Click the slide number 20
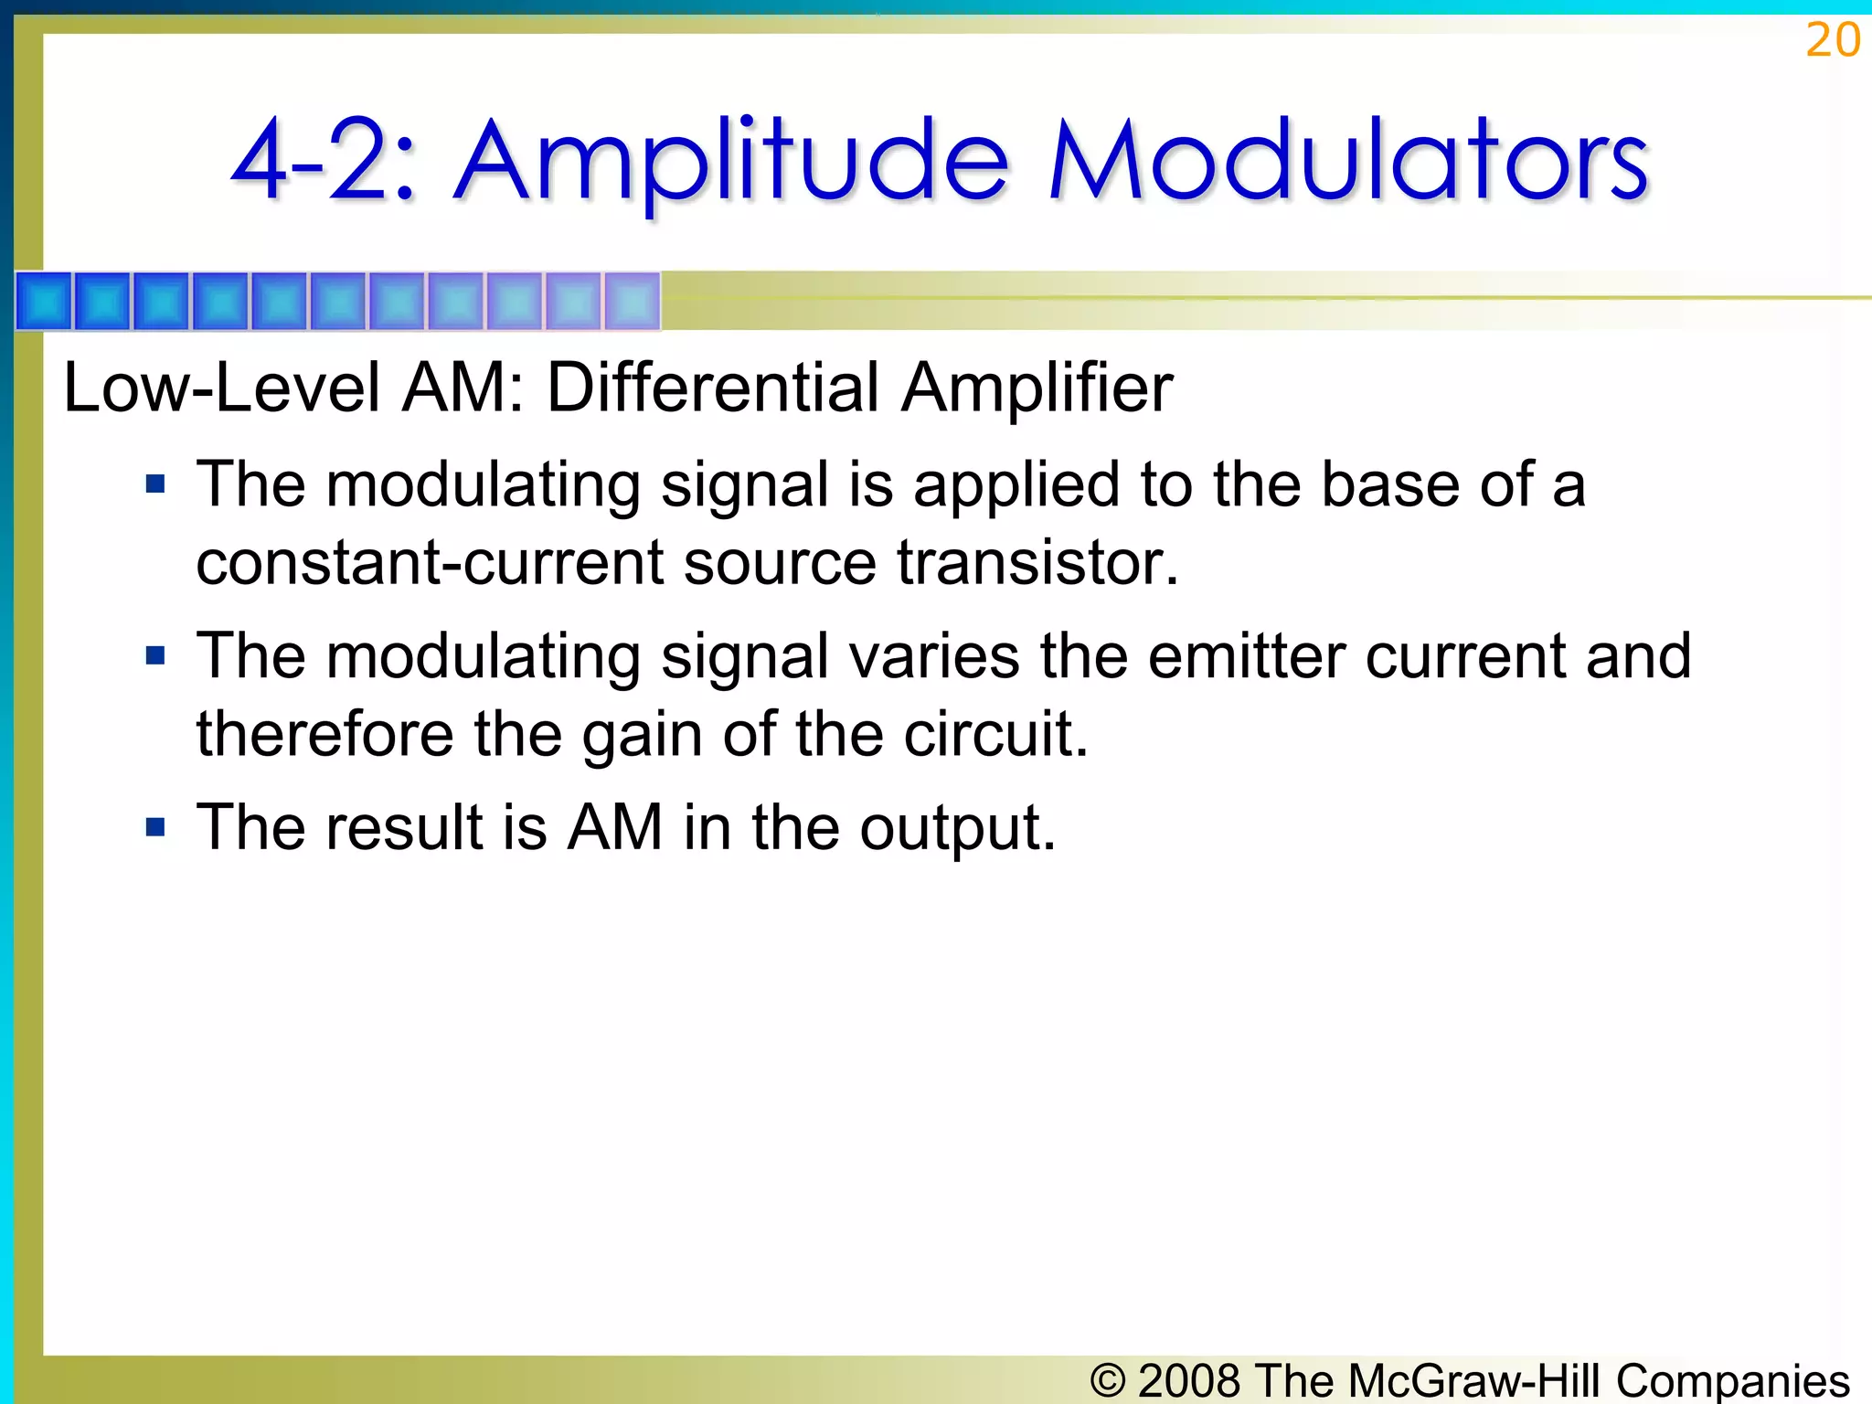coord(1832,40)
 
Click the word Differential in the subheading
coord(712,388)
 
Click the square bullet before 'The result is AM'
coord(155,827)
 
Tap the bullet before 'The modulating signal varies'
coord(155,655)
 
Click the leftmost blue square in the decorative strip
coord(44,301)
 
